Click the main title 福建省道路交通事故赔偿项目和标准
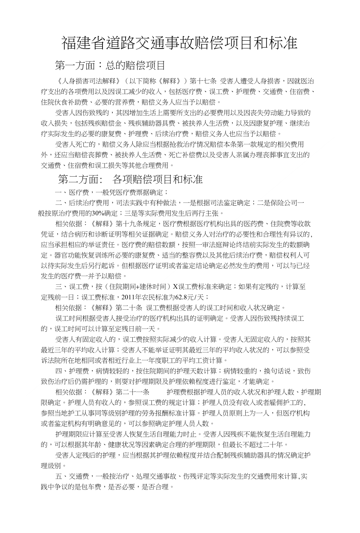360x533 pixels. click(x=180, y=43)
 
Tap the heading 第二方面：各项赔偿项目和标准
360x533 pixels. click(x=130, y=179)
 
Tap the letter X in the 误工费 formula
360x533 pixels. click(x=175, y=287)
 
